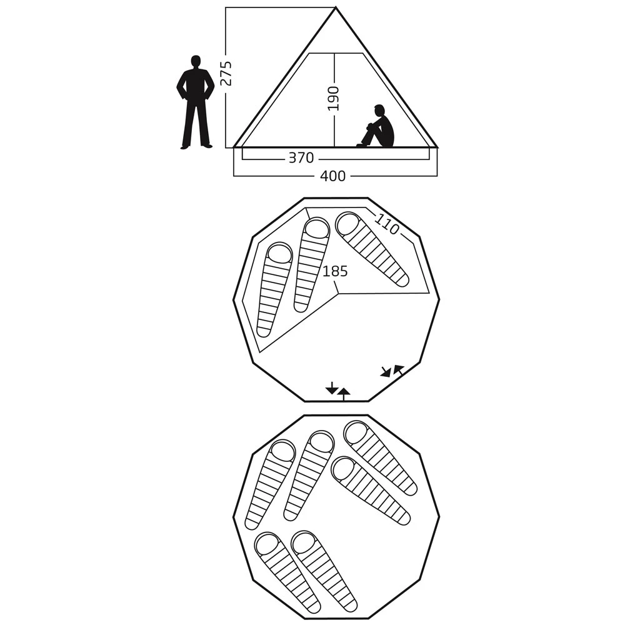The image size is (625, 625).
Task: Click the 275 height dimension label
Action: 226,73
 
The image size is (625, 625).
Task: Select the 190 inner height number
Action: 333,99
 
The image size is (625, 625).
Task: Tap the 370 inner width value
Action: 301,158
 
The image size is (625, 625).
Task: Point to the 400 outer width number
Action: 333,176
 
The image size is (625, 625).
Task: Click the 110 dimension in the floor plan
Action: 387,224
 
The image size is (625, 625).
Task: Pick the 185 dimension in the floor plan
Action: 335,271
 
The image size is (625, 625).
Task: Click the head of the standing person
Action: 195,62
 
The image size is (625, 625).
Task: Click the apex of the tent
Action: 336,7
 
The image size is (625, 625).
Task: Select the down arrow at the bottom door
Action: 332,388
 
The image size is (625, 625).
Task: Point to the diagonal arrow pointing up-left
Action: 398,370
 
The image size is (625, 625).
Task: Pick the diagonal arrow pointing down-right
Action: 385,372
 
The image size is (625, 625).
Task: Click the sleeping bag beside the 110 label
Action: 371,249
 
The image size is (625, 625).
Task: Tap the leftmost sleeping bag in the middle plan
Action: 274,289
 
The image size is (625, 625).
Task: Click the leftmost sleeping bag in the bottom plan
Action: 270,485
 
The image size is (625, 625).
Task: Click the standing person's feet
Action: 196,146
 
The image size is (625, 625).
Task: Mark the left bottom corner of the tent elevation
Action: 234,147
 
